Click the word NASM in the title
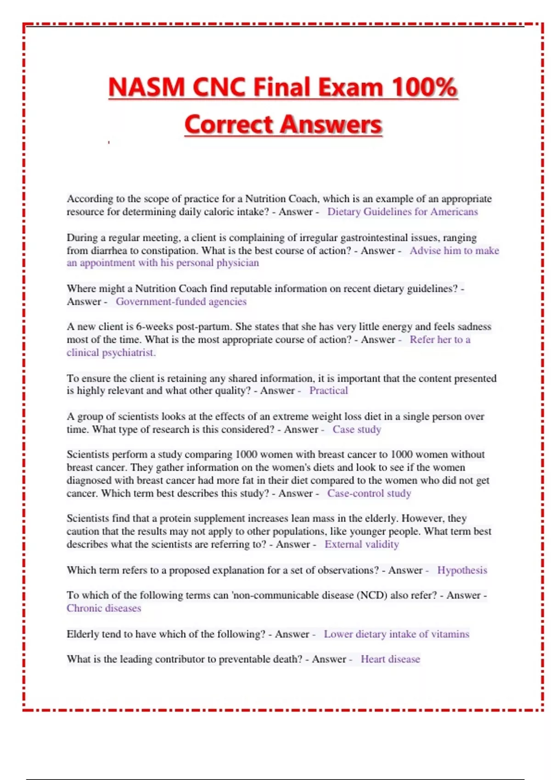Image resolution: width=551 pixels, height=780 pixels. point(146,87)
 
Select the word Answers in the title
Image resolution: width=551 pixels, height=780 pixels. point(331,124)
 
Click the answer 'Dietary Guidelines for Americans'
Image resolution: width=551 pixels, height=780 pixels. point(402,212)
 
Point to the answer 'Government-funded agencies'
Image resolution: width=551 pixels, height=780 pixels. point(181,301)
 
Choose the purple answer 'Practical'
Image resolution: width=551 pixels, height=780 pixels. point(328,390)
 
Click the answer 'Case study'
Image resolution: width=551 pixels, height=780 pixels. point(357,429)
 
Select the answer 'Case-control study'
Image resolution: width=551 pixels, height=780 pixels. point(369,493)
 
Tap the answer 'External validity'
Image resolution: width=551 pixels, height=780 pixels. point(362,544)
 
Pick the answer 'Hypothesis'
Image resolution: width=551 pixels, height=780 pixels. point(462,570)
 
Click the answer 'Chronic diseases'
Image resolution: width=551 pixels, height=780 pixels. point(104,608)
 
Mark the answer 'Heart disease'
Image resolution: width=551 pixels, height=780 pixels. point(390,659)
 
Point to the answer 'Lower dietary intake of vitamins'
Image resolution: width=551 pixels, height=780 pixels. point(396,634)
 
